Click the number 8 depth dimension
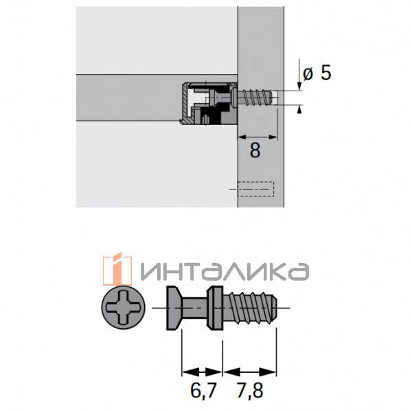coord(255,150)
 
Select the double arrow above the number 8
coord(257,137)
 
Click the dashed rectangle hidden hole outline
coord(255,189)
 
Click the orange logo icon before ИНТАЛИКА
coord(117,269)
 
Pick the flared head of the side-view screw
coord(174,309)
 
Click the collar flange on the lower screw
coord(215,309)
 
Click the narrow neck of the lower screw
coord(196,309)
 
